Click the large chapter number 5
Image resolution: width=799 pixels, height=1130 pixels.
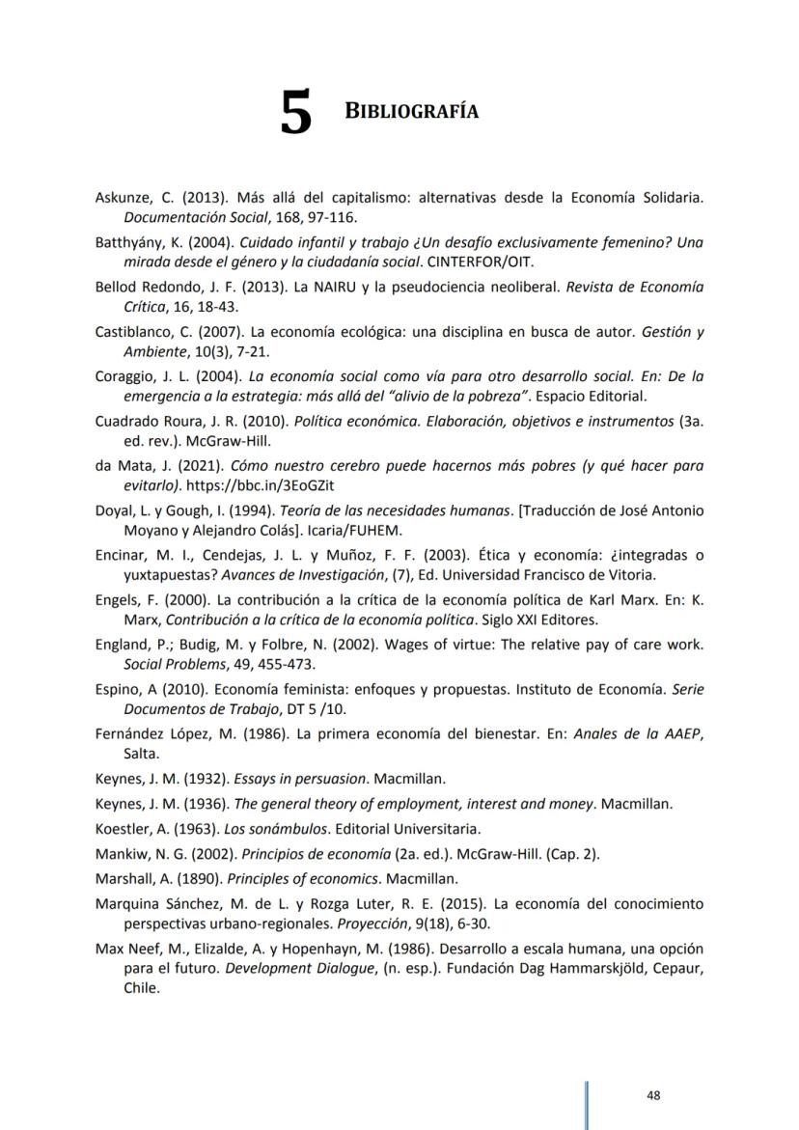[297, 114]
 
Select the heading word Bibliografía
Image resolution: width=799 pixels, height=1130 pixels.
[411, 111]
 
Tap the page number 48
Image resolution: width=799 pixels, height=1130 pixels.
[653, 1095]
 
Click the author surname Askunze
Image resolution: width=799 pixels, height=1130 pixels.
[123, 198]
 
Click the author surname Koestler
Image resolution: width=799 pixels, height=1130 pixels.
[123, 828]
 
